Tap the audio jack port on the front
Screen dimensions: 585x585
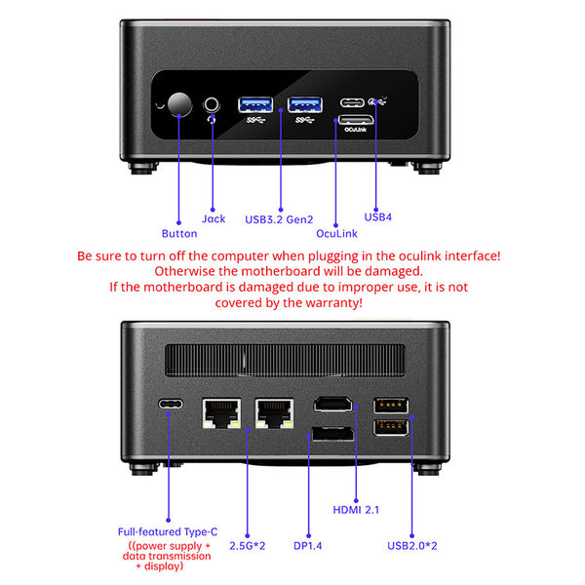pyautogui.click(x=213, y=104)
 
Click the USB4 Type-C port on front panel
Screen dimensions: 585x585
pyautogui.click(x=353, y=100)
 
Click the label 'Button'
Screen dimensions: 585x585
pyautogui.click(x=178, y=234)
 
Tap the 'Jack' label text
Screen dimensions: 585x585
pyautogui.click(x=214, y=218)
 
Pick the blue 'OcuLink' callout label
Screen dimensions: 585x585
pyautogui.click(x=337, y=234)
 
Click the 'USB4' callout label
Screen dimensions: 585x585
pyautogui.click(x=377, y=216)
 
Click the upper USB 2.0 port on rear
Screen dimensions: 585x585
pyautogui.click(x=391, y=405)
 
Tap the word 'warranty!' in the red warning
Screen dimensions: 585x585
pyautogui.click(x=330, y=303)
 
